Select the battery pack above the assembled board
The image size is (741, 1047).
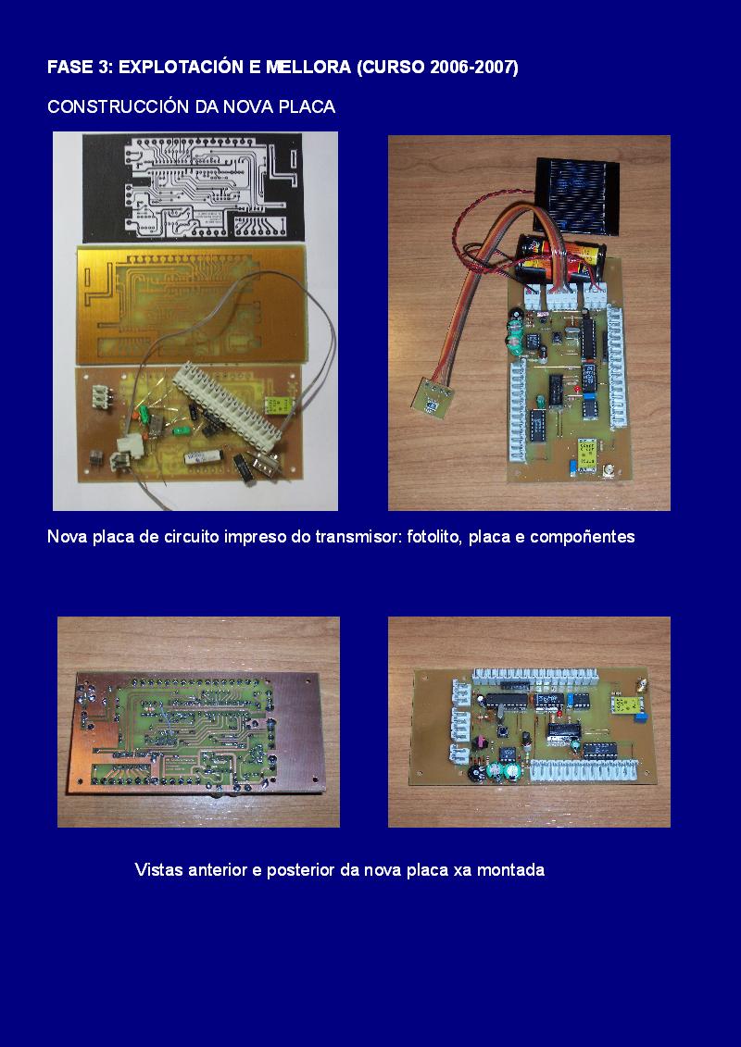pos(560,259)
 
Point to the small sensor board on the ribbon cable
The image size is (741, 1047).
pos(432,398)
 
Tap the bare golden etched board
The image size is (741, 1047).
pos(192,305)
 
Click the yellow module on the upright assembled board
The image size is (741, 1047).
pos(588,455)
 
